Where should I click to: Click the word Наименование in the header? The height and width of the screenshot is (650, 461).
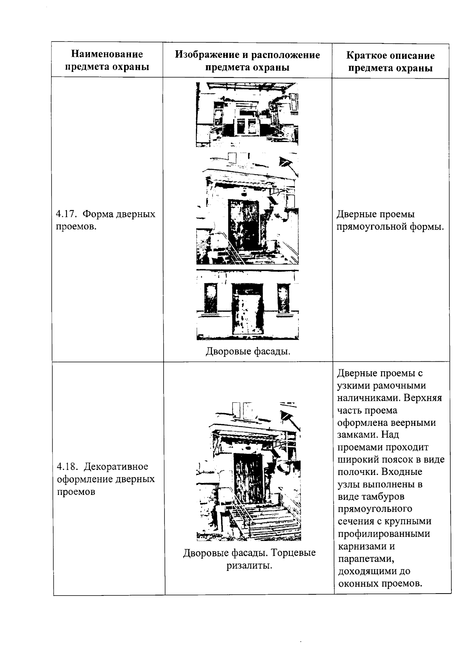click(x=107, y=55)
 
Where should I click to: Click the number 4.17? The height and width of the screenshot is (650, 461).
click(x=66, y=214)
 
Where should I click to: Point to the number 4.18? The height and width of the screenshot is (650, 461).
click(x=67, y=466)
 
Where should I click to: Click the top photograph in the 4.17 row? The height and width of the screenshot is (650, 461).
click(x=247, y=114)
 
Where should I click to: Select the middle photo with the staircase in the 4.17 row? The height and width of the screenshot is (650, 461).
click(x=247, y=209)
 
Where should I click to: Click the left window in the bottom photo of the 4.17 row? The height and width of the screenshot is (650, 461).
click(x=211, y=298)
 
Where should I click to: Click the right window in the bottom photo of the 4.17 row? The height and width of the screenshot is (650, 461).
click(x=284, y=298)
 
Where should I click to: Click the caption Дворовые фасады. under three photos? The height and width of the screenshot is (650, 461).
click(x=248, y=351)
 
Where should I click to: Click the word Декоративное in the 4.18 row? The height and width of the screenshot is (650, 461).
click(x=116, y=466)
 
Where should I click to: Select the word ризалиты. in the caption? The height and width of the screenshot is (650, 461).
click(x=249, y=565)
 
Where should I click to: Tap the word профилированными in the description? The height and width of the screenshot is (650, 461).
click(x=384, y=534)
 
